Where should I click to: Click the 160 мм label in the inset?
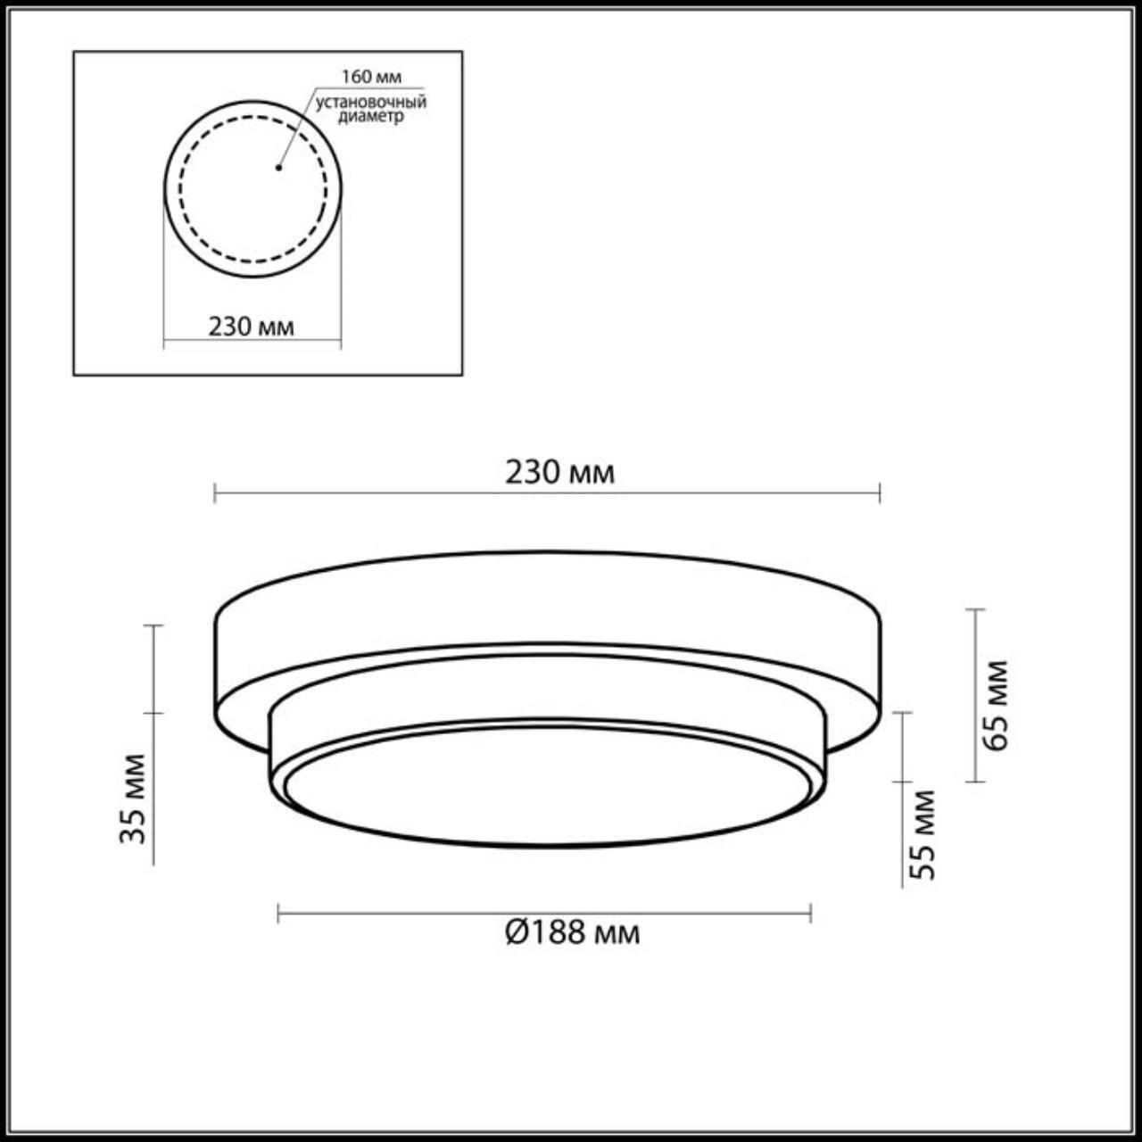click(371, 77)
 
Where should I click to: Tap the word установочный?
click(370, 102)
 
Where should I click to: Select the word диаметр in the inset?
click(371, 117)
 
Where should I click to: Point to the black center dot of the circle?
click(278, 167)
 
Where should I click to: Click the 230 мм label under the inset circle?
click(251, 327)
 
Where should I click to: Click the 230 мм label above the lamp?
click(559, 472)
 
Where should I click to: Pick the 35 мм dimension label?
click(133, 799)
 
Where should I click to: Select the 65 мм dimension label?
click(997, 705)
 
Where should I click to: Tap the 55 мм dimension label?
click(925, 835)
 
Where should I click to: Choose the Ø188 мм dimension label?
click(571, 933)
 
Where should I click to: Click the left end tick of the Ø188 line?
click(278, 913)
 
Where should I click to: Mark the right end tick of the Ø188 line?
click(810, 913)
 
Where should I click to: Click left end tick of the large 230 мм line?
click(215, 492)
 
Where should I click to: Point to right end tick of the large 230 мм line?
click(880, 492)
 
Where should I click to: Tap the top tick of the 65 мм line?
click(975, 609)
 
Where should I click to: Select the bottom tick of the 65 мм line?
click(975, 782)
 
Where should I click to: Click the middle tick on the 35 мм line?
click(153, 713)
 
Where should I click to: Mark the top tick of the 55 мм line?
click(903, 713)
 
